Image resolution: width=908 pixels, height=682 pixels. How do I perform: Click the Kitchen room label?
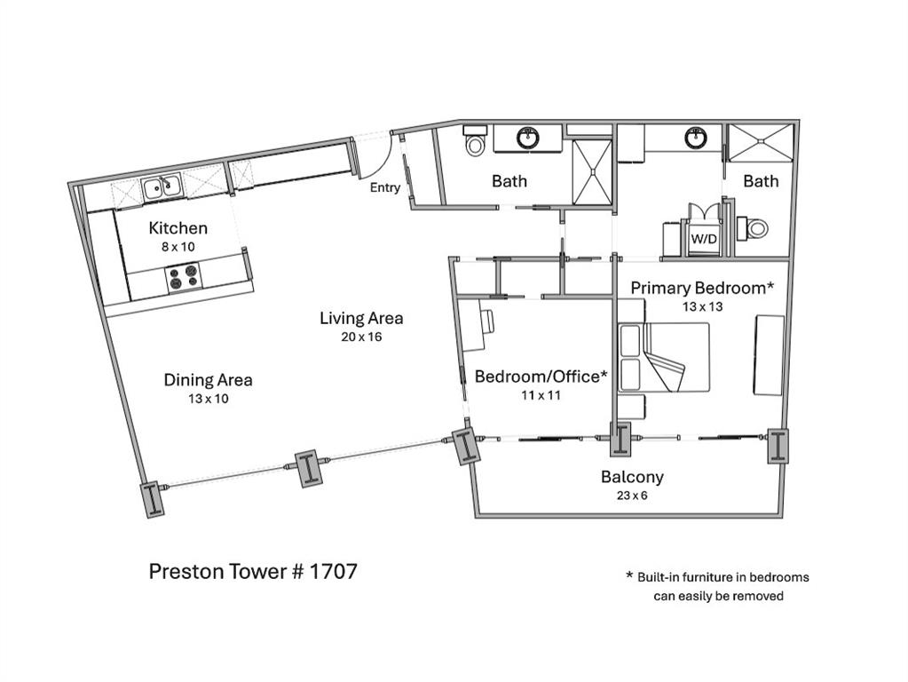coord(178,227)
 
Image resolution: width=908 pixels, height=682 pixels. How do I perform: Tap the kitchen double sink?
coord(162,187)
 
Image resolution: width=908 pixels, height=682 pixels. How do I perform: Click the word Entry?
coord(385,187)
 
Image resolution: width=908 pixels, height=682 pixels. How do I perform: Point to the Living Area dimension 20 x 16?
coord(361,337)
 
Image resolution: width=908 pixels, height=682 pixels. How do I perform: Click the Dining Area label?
coord(208,380)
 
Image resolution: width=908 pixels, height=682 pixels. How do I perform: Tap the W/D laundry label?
coord(704,239)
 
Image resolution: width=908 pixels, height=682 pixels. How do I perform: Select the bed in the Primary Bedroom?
coord(664,357)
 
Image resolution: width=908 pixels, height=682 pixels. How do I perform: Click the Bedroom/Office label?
coord(541,377)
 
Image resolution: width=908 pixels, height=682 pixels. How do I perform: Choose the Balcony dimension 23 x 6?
coord(632,496)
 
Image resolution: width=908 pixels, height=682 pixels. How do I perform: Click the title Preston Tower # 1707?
coord(253,571)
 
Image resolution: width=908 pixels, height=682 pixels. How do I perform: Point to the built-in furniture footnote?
coord(718,586)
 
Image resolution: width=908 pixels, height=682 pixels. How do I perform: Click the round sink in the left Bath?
coord(527,139)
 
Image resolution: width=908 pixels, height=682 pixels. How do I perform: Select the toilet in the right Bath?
coord(754,227)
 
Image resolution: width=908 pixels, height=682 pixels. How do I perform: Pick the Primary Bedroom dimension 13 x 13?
coord(702,306)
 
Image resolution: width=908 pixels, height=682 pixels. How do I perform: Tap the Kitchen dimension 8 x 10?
coord(178,247)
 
